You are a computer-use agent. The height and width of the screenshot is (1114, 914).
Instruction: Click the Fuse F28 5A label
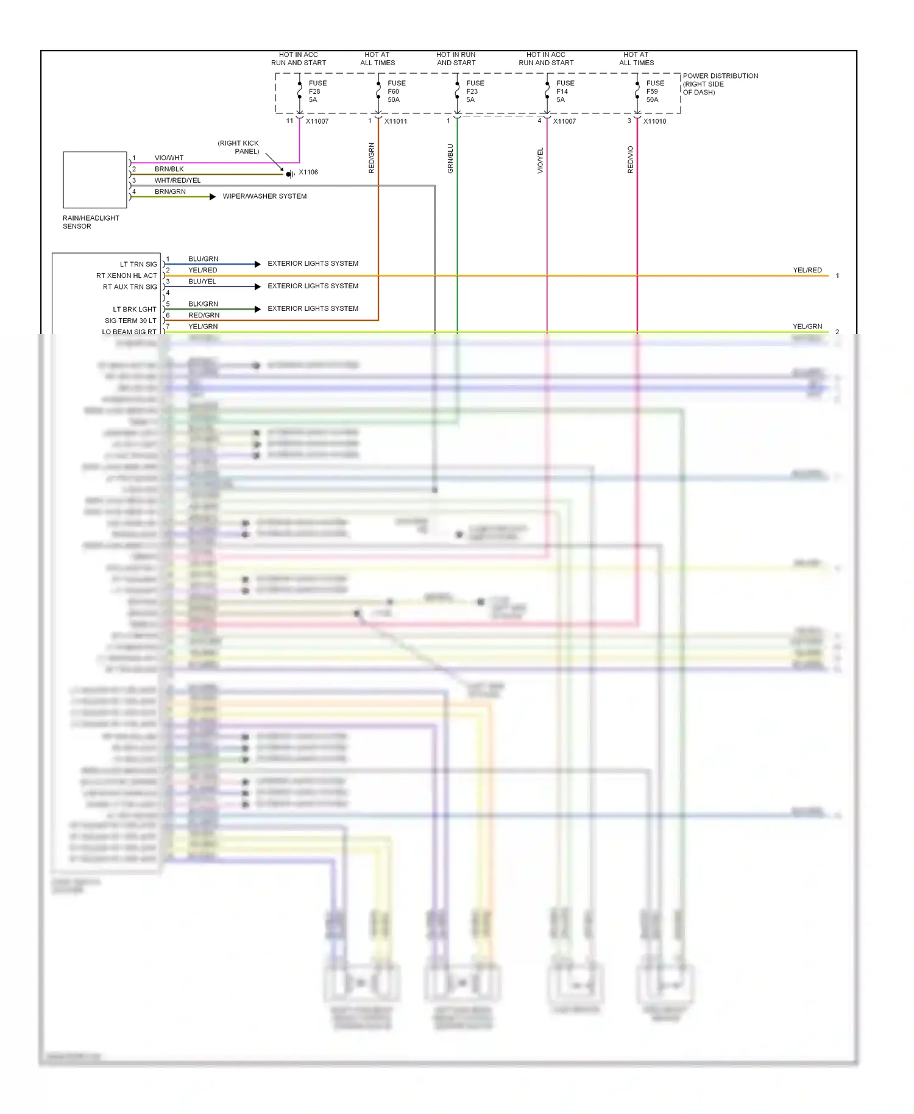(x=317, y=91)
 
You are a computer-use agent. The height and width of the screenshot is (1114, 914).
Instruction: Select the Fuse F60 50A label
(x=396, y=91)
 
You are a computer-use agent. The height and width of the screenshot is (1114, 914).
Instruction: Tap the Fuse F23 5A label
(x=475, y=91)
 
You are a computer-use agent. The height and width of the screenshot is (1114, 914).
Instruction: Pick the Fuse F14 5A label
(x=565, y=91)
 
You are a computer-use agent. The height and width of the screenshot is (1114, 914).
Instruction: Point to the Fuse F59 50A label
(x=655, y=91)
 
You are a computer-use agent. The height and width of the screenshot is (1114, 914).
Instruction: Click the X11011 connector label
(x=395, y=121)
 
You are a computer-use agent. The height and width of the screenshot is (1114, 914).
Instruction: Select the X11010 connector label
(x=654, y=121)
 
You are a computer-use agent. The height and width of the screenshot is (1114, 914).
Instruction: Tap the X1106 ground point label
(x=308, y=172)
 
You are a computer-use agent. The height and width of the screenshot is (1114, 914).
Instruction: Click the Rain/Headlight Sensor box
(x=95, y=180)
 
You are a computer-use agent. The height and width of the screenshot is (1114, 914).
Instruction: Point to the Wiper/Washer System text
(x=264, y=196)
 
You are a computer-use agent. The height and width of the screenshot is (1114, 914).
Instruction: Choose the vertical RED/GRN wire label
(x=372, y=158)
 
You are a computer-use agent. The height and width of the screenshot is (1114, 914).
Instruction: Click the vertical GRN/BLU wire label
(x=450, y=158)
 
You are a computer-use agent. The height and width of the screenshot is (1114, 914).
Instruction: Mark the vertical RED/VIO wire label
(x=631, y=160)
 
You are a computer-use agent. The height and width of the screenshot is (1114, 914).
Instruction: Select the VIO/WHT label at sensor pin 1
(x=169, y=158)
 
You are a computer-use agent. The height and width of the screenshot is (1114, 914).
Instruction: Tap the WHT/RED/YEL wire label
(x=177, y=180)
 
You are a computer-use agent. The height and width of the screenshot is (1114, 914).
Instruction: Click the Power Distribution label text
(x=720, y=84)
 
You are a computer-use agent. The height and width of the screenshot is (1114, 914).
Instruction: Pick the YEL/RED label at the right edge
(x=807, y=270)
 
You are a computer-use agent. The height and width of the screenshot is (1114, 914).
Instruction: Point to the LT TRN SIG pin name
(x=138, y=264)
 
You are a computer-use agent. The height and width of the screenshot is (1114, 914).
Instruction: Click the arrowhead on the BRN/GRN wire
(x=212, y=197)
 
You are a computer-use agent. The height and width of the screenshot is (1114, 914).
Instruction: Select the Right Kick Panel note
(x=239, y=147)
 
